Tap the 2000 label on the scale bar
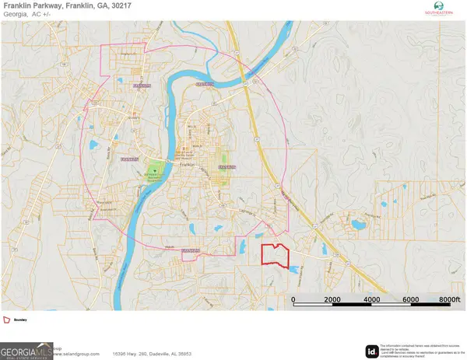[x=332, y=299]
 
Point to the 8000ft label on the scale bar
[x=450, y=299]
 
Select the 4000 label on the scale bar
[x=371, y=299]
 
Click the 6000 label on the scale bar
[x=410, y=299]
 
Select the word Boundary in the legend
[x=21, y=320]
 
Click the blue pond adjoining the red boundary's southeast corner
[x=293, y=268]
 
